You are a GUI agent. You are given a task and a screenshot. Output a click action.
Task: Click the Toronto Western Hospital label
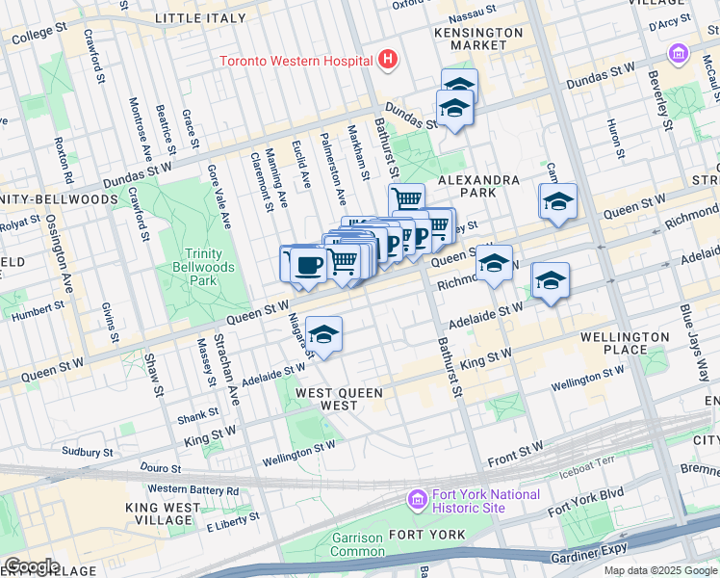click(x=296, y=61)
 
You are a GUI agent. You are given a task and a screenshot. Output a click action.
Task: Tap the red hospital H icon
click(x=387, y=60)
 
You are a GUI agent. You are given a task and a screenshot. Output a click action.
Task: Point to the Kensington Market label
click(x=471, y=39)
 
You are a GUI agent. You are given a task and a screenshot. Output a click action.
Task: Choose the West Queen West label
click(x=339, y=399)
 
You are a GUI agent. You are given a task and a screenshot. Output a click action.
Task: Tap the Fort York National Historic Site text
click(x=485, y=501)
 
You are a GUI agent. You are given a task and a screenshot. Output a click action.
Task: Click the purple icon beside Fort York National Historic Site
click(x=417, y=500)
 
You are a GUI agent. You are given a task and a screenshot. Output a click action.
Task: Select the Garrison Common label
click(x=357, y=544)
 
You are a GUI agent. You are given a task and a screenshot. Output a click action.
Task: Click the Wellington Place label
click(x=625, y=343)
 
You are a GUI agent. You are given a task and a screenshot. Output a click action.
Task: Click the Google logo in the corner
click(x=31, y=566)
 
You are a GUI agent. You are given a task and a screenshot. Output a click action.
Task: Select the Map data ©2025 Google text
click(x=660, y=570)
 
